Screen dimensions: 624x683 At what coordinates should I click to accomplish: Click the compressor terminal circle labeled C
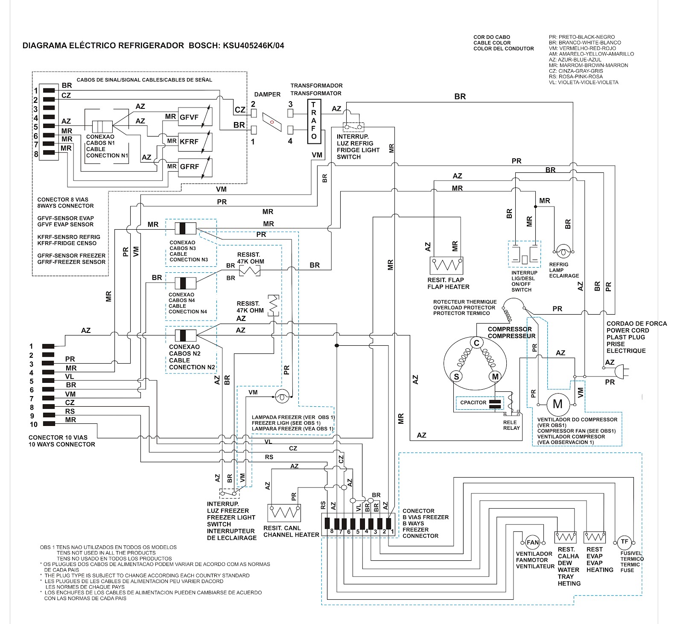tap(476, 343)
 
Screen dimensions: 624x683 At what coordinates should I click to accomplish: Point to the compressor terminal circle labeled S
tap(456, 376)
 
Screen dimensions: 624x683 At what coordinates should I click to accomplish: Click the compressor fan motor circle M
tap(557, 404)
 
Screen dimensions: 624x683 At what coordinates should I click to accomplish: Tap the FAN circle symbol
tap(532, 542)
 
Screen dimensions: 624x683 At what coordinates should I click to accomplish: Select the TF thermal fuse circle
tap(625, 542)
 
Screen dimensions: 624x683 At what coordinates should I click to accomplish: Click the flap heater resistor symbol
tap(446, 265)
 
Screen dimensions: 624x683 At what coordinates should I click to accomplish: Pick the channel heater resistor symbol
tap(284, 513)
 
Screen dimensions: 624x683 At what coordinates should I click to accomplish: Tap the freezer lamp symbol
tap(282, 397)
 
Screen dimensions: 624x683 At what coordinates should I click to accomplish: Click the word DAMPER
tap(267, 94)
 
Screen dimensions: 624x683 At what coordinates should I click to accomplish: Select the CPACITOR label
tap(473, 402)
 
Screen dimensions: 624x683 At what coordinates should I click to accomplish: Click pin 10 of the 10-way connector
tap(48, 424)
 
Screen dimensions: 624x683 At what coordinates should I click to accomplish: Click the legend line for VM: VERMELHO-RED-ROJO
tap(582, 48)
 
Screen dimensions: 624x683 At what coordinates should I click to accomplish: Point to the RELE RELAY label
tap(511, 425)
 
